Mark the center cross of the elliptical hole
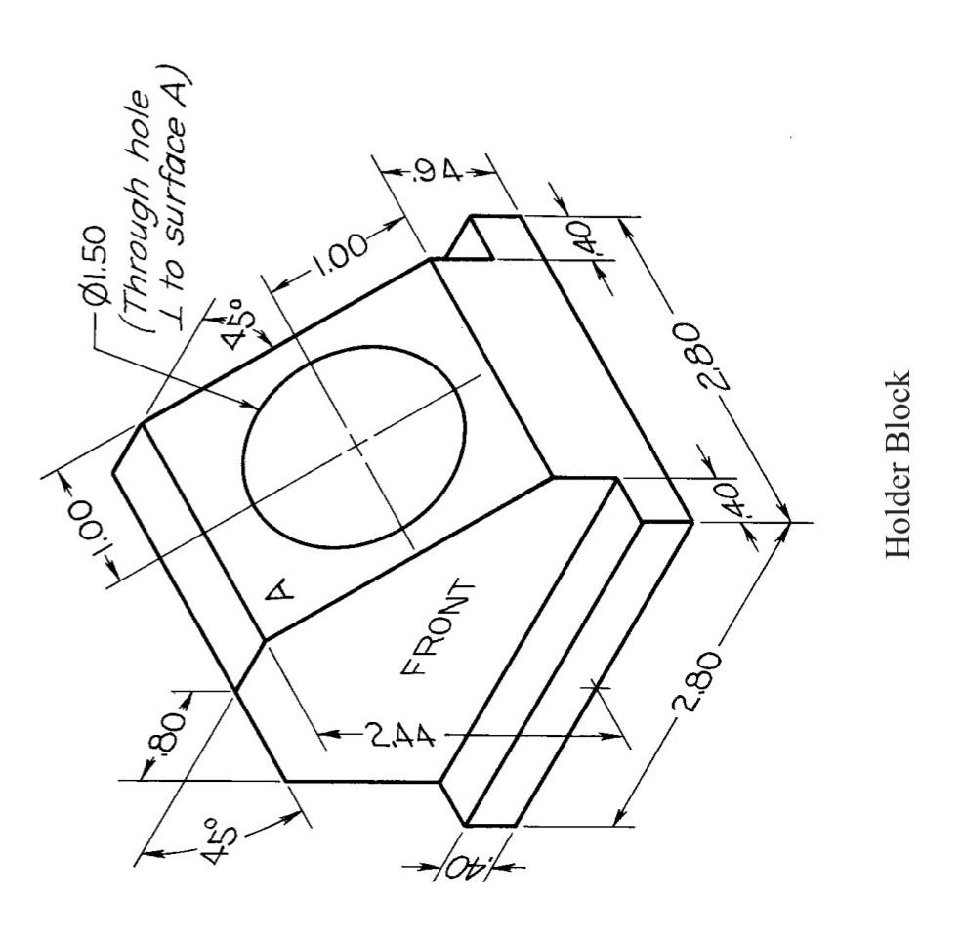coord(356,446)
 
